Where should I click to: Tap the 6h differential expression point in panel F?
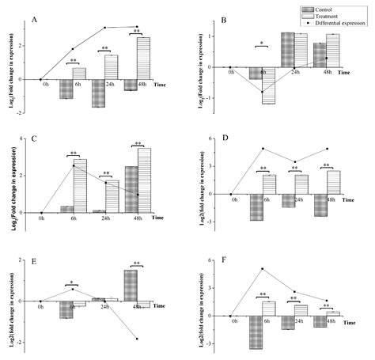pyautogui.click(x=262, y=269)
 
